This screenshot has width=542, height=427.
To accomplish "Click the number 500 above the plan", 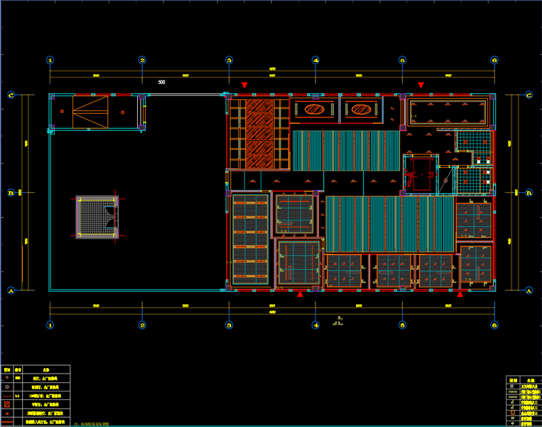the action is click(x=162, y=83).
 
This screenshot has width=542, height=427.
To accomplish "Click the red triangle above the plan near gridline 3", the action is click(x=244, y=85).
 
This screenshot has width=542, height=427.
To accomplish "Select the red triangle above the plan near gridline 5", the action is click(x=421, y=85).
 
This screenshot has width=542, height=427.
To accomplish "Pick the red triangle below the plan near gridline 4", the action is click(x=300, y=293).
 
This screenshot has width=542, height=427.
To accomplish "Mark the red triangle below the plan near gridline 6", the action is click(x=460, y=293).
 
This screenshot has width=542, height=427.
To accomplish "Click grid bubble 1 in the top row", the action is click(x=50, y=60).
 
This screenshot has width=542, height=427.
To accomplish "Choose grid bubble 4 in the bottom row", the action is click(x=316, y=325).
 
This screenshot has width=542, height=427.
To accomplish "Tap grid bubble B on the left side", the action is click(x=11, y=192).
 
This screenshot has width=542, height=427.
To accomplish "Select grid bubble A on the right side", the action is click(x=529, y=290).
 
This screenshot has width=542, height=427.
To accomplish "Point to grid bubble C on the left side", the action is click(x=11, y=95).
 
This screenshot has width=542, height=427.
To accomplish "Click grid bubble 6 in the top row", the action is click(x=494, y=60).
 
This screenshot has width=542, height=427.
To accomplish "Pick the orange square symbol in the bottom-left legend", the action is click(x=7, y=404).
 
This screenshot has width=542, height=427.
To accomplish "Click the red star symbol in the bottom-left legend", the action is click(x=7, y=378).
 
